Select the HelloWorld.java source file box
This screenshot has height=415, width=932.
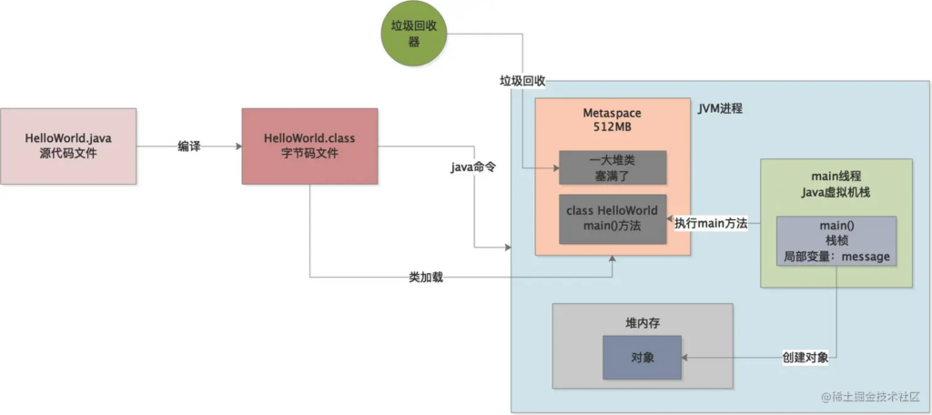point(68,147)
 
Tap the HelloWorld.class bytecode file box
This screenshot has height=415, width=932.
point(309,147)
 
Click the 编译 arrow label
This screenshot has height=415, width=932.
point(188,146)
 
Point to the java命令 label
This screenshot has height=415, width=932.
point(473,168)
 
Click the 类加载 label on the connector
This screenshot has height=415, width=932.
point(426,277)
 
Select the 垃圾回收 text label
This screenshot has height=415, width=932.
point(522,80)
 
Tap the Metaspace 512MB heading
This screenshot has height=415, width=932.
point(612,119)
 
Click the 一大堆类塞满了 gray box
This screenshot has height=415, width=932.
point(613,167)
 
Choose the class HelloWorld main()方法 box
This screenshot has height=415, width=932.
point(613,218)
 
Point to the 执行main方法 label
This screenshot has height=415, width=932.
point(711,223)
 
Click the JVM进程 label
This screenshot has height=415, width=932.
point(720,108)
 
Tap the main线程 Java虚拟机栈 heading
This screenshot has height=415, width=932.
point(836,182)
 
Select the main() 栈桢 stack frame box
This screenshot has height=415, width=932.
point(836,241)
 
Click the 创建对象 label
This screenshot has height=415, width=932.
point(805,358)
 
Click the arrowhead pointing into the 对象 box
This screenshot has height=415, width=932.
point(685,358)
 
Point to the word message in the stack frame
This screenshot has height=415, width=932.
point(866,258)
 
